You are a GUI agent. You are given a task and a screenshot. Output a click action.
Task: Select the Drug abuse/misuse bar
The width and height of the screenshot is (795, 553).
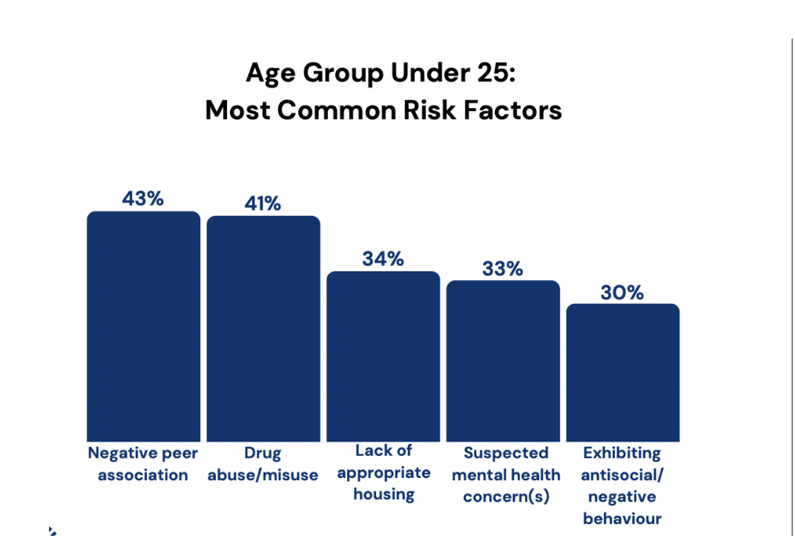coord(264,329)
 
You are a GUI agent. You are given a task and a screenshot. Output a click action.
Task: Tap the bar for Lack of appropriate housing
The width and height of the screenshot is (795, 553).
coord(383,356)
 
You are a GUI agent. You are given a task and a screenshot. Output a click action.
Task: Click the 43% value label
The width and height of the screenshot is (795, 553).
coord(143,199)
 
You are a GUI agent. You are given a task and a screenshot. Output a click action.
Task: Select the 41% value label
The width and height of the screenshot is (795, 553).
coord(263,203)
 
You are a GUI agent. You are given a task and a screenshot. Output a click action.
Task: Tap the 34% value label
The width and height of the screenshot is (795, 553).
coord(383,259)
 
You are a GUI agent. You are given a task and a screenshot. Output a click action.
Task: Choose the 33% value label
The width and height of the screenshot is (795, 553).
coord(502,268)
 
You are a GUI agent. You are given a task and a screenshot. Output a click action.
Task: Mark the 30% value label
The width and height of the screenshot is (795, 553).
coord(622,292)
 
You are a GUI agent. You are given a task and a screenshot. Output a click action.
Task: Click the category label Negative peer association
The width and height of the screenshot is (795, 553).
coord(143,464)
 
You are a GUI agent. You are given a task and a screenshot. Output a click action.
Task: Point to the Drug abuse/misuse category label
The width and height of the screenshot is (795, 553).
coord(263,464)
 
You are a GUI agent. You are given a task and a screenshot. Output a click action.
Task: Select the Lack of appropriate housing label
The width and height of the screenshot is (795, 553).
coord(384,472)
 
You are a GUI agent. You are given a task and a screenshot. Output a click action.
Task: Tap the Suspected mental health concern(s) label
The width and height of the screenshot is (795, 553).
coord(506,475)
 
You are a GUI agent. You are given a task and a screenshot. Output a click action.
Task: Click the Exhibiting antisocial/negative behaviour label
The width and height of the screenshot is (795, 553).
coord(622,485)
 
